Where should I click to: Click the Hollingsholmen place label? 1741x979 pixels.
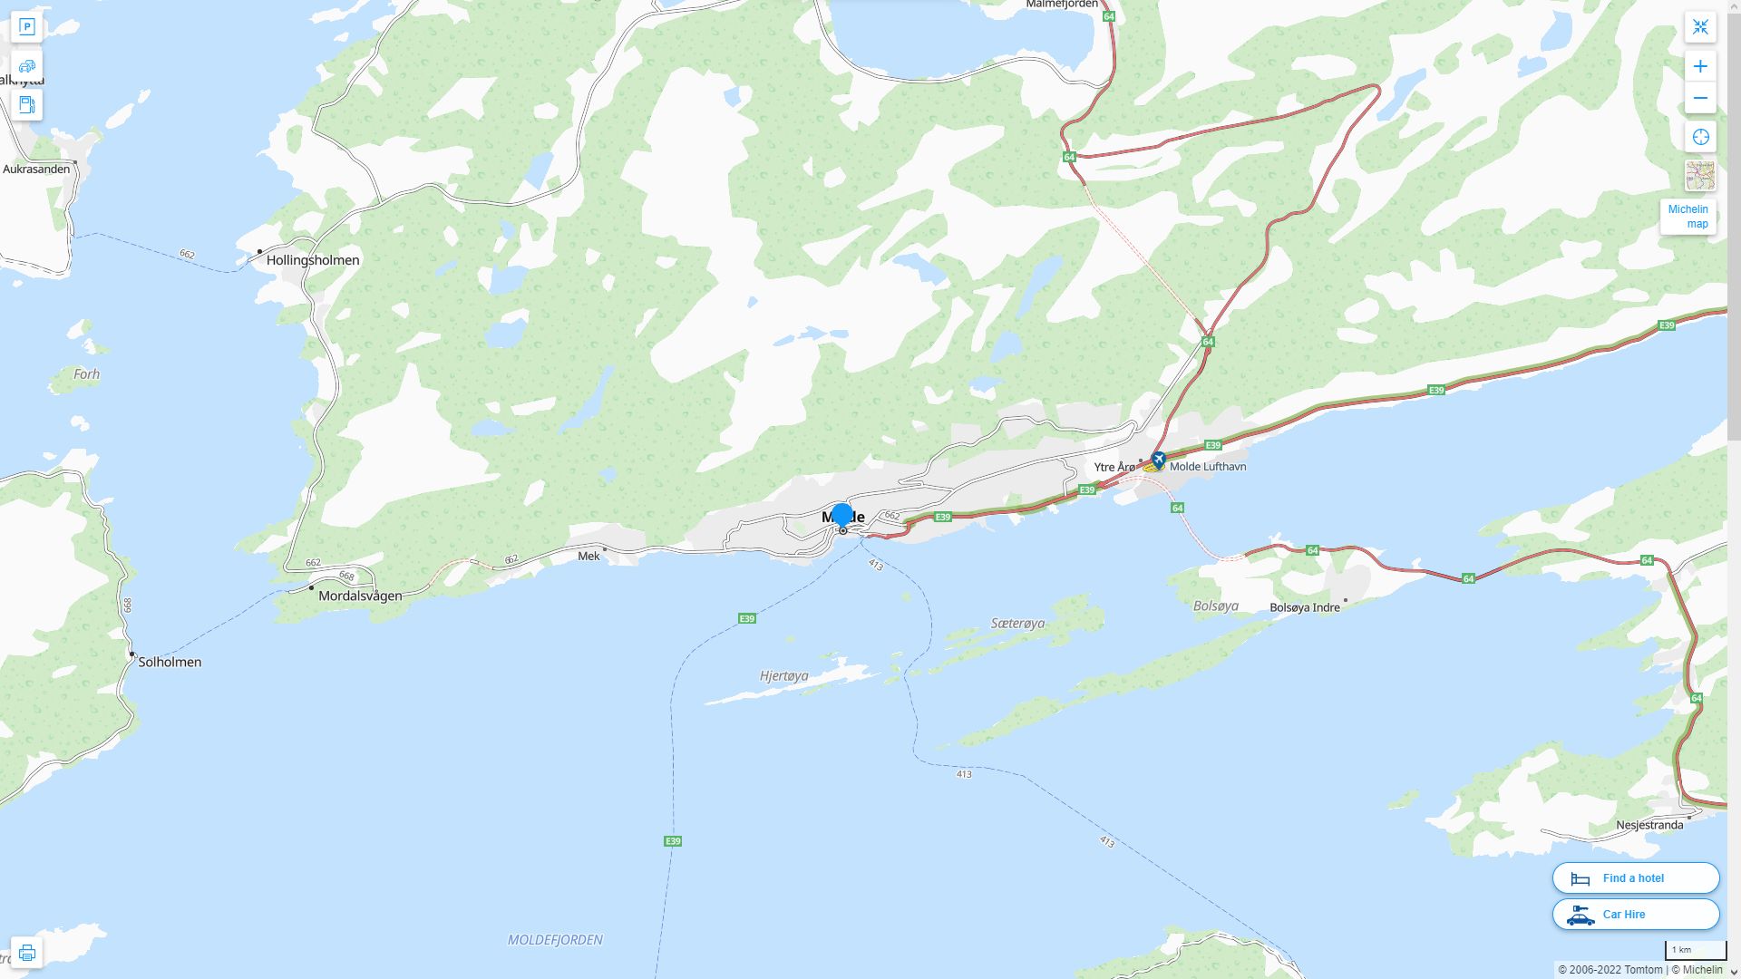point(312,260)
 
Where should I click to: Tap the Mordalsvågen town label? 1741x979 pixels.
point(360,596)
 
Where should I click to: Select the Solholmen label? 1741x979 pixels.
point(170,662)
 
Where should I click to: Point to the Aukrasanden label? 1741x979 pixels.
point(36,170)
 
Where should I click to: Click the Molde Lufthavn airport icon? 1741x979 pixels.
point(1158,460)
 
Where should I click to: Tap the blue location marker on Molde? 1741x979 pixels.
point(841,515)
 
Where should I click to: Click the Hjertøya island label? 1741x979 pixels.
point(783,676)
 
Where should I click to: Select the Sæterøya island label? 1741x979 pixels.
point(1017,624)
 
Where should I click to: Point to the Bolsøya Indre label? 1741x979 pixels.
point(1304,607)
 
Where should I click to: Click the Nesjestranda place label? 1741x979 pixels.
point(1649,825)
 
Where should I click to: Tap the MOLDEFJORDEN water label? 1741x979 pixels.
point(555,940)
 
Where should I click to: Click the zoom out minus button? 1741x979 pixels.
point(1700,98)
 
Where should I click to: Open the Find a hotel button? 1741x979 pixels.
point(1635,877)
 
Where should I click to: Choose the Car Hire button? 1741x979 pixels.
point(1635,914)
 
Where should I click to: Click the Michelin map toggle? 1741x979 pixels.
point(1688,217)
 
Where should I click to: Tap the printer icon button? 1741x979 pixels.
point(26,952)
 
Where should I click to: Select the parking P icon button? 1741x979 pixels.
point(26,27)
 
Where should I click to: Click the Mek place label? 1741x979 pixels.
point(588,556)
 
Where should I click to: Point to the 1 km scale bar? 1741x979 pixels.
point(1694,950)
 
